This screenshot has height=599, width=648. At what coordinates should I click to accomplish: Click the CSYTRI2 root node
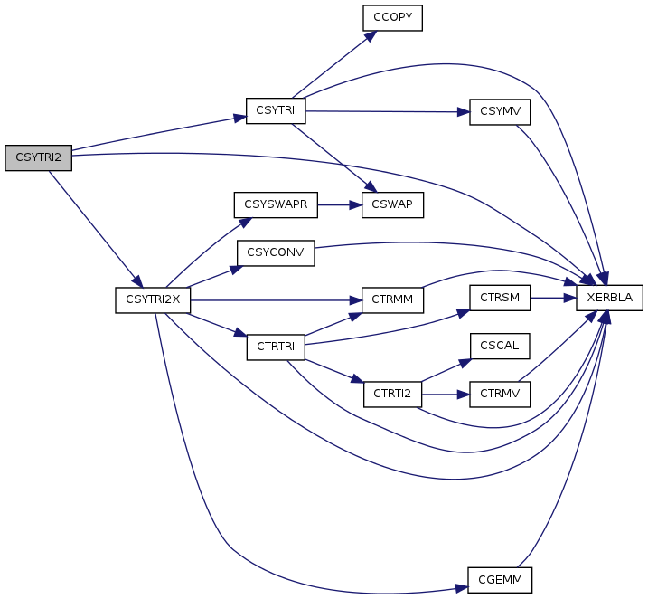pyautogui.click(x=38, y=157)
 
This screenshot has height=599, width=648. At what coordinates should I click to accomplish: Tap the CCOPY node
pyautogui.click(x=393, y=18)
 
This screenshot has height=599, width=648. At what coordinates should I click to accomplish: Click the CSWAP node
pyautogui.click(x=393, y=204)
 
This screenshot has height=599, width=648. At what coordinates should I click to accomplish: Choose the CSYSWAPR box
pyautogui.click(x=276, y=204)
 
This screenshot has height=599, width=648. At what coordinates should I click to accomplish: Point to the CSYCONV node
pyautogui.click(x=276, y=252)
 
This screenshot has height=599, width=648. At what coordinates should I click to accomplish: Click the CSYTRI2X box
pyautogui.click(x=153, y=299)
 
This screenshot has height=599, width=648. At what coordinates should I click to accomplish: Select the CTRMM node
pyautogui.click(x=393, y=299)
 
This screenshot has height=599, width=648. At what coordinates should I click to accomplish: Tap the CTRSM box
pyautogui.click(x=499, y=298)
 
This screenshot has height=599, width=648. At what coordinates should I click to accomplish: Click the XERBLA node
pyautogui.click(x=610, y=298)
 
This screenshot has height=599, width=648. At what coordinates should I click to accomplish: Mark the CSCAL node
pyautogui.click(x=499, y=347)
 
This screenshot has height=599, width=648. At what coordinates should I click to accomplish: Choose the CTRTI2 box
pyautogui.click(x=393, y=394)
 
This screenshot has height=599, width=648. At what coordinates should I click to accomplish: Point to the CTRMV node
pyautogui.click(x=499, y=394)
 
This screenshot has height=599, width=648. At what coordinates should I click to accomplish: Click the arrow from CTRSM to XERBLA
pyautogui.click(x=554, y=298)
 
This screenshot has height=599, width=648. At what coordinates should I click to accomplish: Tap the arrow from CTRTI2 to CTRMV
pyautogui.click(x=446, y=394)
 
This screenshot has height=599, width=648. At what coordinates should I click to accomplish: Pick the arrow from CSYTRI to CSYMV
pyautogui.click(x=389, y=111)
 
